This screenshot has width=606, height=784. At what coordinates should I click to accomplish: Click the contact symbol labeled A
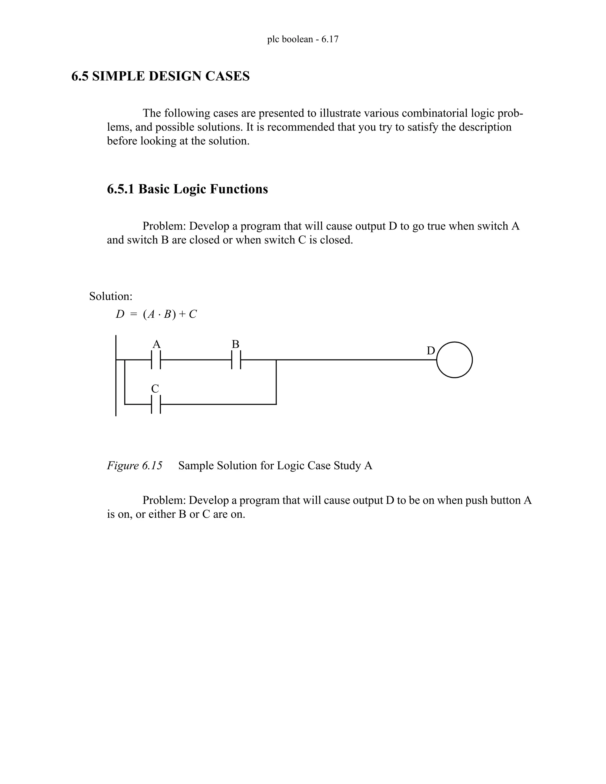coord(156,360)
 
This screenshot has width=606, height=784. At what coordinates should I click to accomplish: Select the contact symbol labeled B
coord(236,360)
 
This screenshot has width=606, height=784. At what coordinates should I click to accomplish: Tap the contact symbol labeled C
coord(156,404)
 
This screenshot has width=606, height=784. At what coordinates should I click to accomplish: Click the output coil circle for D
coord(454,360)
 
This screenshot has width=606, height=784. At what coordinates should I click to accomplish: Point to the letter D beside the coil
coord(431,351)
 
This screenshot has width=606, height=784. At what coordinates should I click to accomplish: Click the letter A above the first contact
coord(156,344)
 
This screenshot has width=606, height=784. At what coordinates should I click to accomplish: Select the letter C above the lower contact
coord(155,389)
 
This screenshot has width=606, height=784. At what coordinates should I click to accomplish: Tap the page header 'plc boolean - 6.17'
coord(303,39)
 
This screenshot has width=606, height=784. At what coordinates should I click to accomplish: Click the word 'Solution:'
coord(111,296)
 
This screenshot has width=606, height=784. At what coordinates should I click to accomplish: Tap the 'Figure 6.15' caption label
coord(135,466)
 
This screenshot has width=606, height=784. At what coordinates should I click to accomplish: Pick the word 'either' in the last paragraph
coord(162,514)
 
